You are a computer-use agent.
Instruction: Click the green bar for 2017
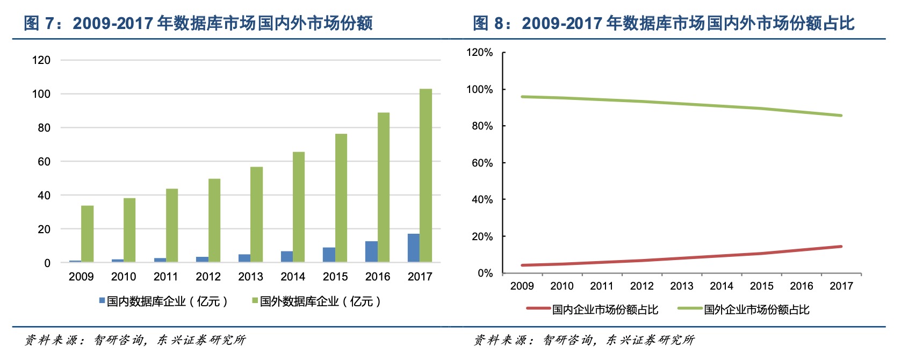(x=426, y=175)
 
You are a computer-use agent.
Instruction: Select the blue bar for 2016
(x=371, y=251)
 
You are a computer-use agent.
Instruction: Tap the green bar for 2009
(x=87, y=234)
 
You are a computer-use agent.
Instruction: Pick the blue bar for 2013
(x=244, y=258)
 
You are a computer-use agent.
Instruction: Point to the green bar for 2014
(x=299, y=207)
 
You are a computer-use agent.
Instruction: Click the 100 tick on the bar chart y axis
(x=41, y=94)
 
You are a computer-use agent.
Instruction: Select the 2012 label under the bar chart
(x=208, y=277)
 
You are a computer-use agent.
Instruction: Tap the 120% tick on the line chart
(x=479, y=53)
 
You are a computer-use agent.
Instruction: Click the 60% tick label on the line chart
(x=482, y=163)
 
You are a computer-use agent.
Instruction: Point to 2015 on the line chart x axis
(x=761, y=286)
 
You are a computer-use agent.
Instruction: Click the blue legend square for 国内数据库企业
(x=102, y=301)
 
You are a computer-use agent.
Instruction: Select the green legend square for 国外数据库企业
(x=255, y=301)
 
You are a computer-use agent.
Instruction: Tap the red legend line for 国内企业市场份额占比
(x=538, y=308)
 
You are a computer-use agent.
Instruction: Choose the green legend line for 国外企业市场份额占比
(x=690, y=308)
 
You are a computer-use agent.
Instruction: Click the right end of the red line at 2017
(x=841, y=247)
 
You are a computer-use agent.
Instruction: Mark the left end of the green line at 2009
(x=522, y=97)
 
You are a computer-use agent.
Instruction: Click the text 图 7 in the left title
(x=39, y=23)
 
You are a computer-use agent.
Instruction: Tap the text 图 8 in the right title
(x=488, y=23)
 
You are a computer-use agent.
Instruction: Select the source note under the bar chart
(x=135, y=340)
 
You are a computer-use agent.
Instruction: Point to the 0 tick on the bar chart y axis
(x=47, y=263)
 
